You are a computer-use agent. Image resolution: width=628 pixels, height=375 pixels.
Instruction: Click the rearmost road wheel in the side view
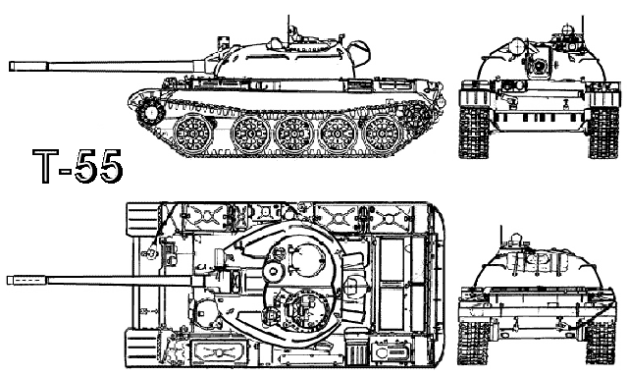click(x=384, y=134)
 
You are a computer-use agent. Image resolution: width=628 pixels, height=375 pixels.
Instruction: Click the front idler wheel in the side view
click(x=148, y=110)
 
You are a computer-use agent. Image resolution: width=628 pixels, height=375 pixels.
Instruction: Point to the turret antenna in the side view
click(x=289, y=25)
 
